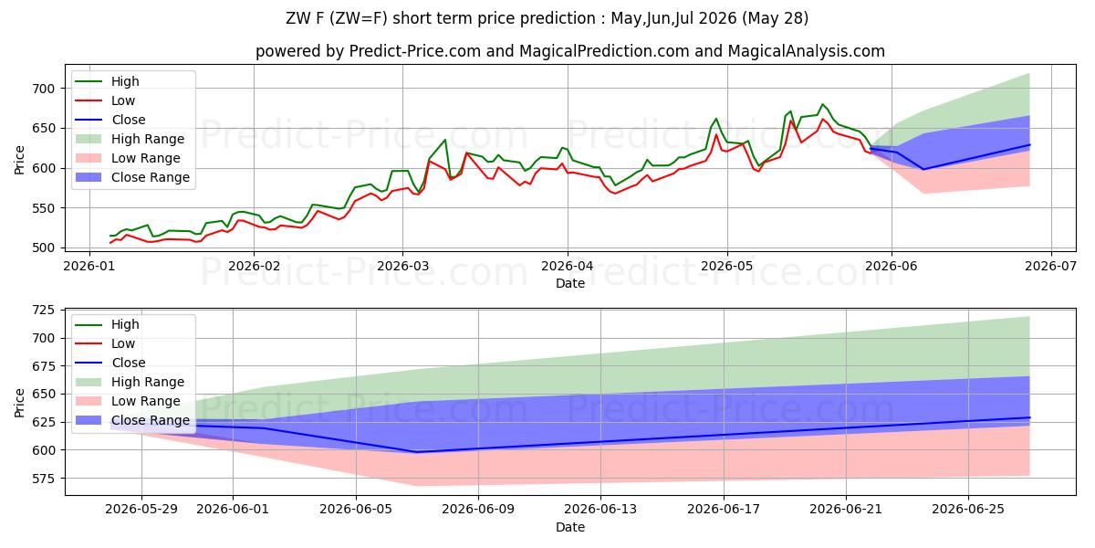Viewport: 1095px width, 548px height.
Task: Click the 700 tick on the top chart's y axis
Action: pos(43,89)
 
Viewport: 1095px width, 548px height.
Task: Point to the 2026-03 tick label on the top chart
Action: pos(402,266)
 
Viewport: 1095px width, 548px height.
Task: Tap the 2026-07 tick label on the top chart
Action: pos(1050,266)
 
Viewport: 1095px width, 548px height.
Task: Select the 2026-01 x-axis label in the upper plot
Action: pos(89,266)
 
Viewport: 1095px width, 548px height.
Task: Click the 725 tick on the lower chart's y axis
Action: pos(43,311)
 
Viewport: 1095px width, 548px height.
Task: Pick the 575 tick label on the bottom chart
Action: pos(43,478)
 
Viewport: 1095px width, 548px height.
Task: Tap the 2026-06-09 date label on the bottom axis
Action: pos(478,510)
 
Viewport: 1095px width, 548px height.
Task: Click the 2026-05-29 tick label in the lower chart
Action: pos(141,510)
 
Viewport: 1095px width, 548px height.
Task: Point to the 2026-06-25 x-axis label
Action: pos(968,510)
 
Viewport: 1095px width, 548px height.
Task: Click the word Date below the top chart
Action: pos(570,283)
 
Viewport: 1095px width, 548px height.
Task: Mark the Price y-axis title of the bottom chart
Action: pos(19,403)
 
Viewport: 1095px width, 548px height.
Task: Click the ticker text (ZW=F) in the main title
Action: pos(359,18)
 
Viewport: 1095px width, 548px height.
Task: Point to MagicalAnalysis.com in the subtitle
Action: pos(806,51)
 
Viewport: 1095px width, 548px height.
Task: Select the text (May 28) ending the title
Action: pos(775,18)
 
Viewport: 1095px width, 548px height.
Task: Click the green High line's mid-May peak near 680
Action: pos(823,104)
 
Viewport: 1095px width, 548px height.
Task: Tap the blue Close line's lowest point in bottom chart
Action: pos(416,451)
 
